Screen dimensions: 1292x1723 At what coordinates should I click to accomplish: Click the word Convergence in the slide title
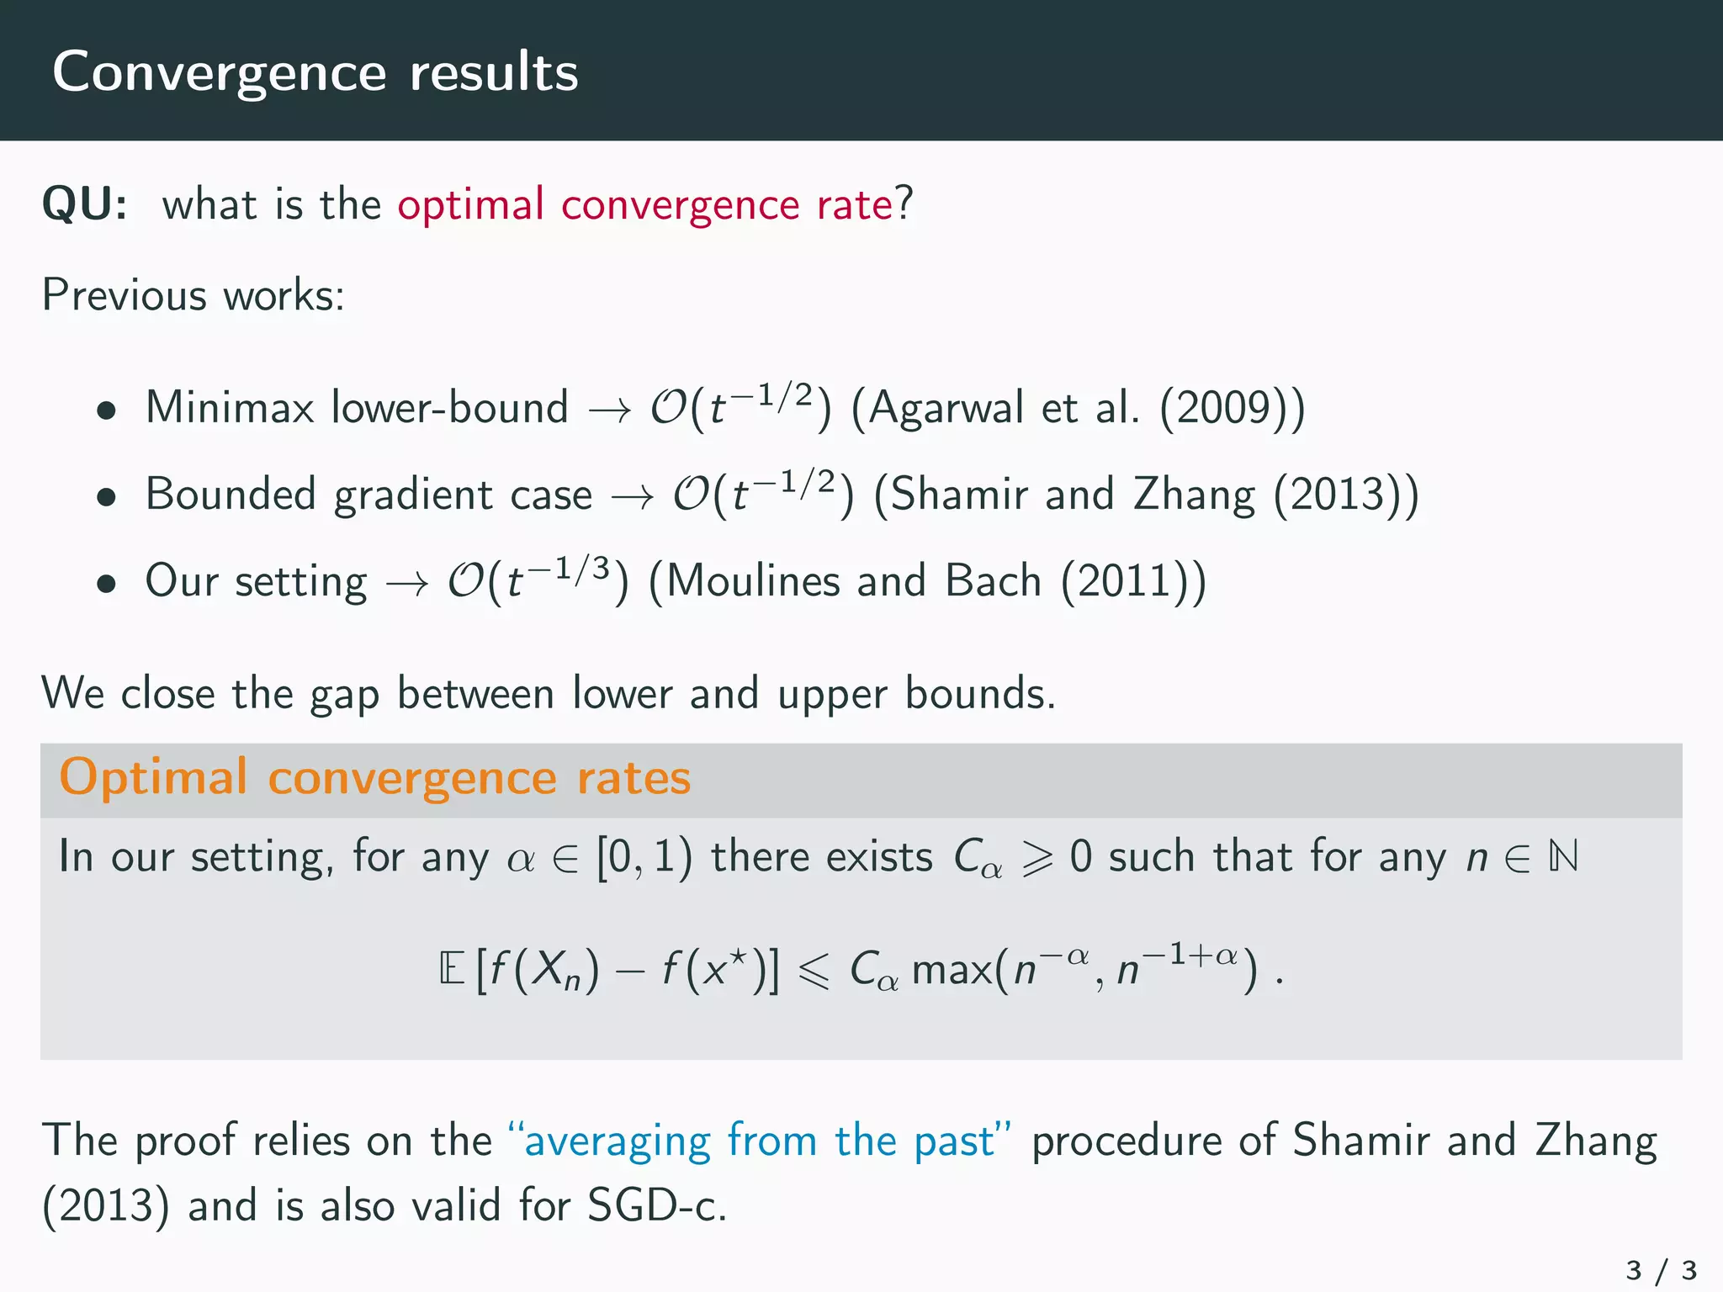tap(219, 72)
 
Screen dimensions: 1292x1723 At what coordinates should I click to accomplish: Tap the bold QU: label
tap(85, 204)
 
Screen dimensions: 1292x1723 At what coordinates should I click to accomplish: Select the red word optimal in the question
tap(470, 204)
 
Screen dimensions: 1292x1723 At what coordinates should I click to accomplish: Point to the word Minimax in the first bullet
tap(230, 407)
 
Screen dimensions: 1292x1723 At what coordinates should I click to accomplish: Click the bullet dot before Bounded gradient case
tap(106, 497)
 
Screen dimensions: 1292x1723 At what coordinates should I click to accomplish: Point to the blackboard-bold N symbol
tap(1562, 857)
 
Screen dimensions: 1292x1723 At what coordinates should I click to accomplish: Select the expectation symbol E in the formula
tap(452, 969)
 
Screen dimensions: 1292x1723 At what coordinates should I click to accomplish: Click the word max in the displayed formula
tap(951, 970)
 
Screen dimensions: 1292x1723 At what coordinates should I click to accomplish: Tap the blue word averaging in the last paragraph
tap(617, 1141)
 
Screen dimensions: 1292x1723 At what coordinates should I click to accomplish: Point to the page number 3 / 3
tap(1661, 1269)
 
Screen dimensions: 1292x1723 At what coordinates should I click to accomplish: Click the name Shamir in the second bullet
tap(959, 495)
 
